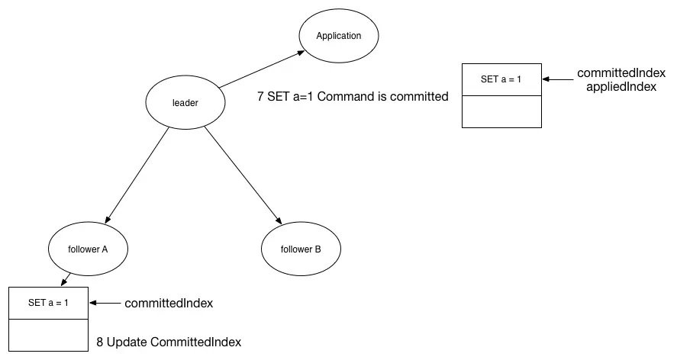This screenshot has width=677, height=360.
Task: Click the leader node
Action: tap(185, 103)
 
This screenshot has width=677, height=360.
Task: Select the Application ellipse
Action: tap(338, 36)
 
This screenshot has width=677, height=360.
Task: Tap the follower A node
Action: tap(88, 249)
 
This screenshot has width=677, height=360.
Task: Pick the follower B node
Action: tap(301, 249)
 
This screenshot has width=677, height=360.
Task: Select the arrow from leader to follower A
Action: tap(136, 175)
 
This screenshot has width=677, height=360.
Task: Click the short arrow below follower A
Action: tap(66, 278)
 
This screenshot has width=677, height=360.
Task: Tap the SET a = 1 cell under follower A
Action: tap(48, 303)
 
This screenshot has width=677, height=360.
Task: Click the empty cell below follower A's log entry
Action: tap(48, 336)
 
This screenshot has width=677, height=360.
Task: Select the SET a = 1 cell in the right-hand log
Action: tap(501, 79)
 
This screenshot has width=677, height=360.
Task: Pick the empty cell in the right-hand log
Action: tap(501, 111)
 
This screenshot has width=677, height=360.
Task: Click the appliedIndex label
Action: tap(621, 87)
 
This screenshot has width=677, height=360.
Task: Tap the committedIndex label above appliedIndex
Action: tap(621, 73)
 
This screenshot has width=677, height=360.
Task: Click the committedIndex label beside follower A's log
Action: tap(168, 304)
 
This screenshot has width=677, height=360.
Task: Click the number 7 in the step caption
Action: tap(261, 97)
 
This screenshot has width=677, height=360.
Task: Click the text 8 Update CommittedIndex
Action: tap(169, 342)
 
